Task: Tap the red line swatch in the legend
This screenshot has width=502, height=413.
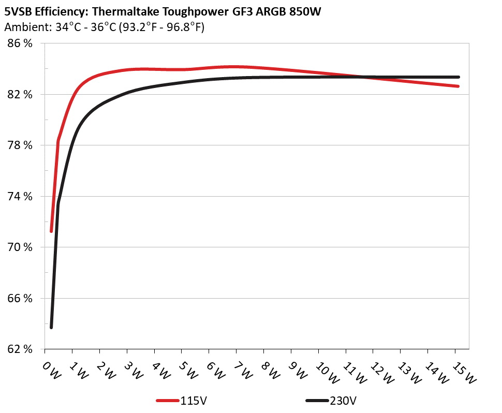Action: coord(168,401)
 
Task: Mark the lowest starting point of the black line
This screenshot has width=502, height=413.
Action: coord(51,328)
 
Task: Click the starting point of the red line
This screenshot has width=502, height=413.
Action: coord(51,231)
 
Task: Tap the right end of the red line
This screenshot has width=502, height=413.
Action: coord(458,86)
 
